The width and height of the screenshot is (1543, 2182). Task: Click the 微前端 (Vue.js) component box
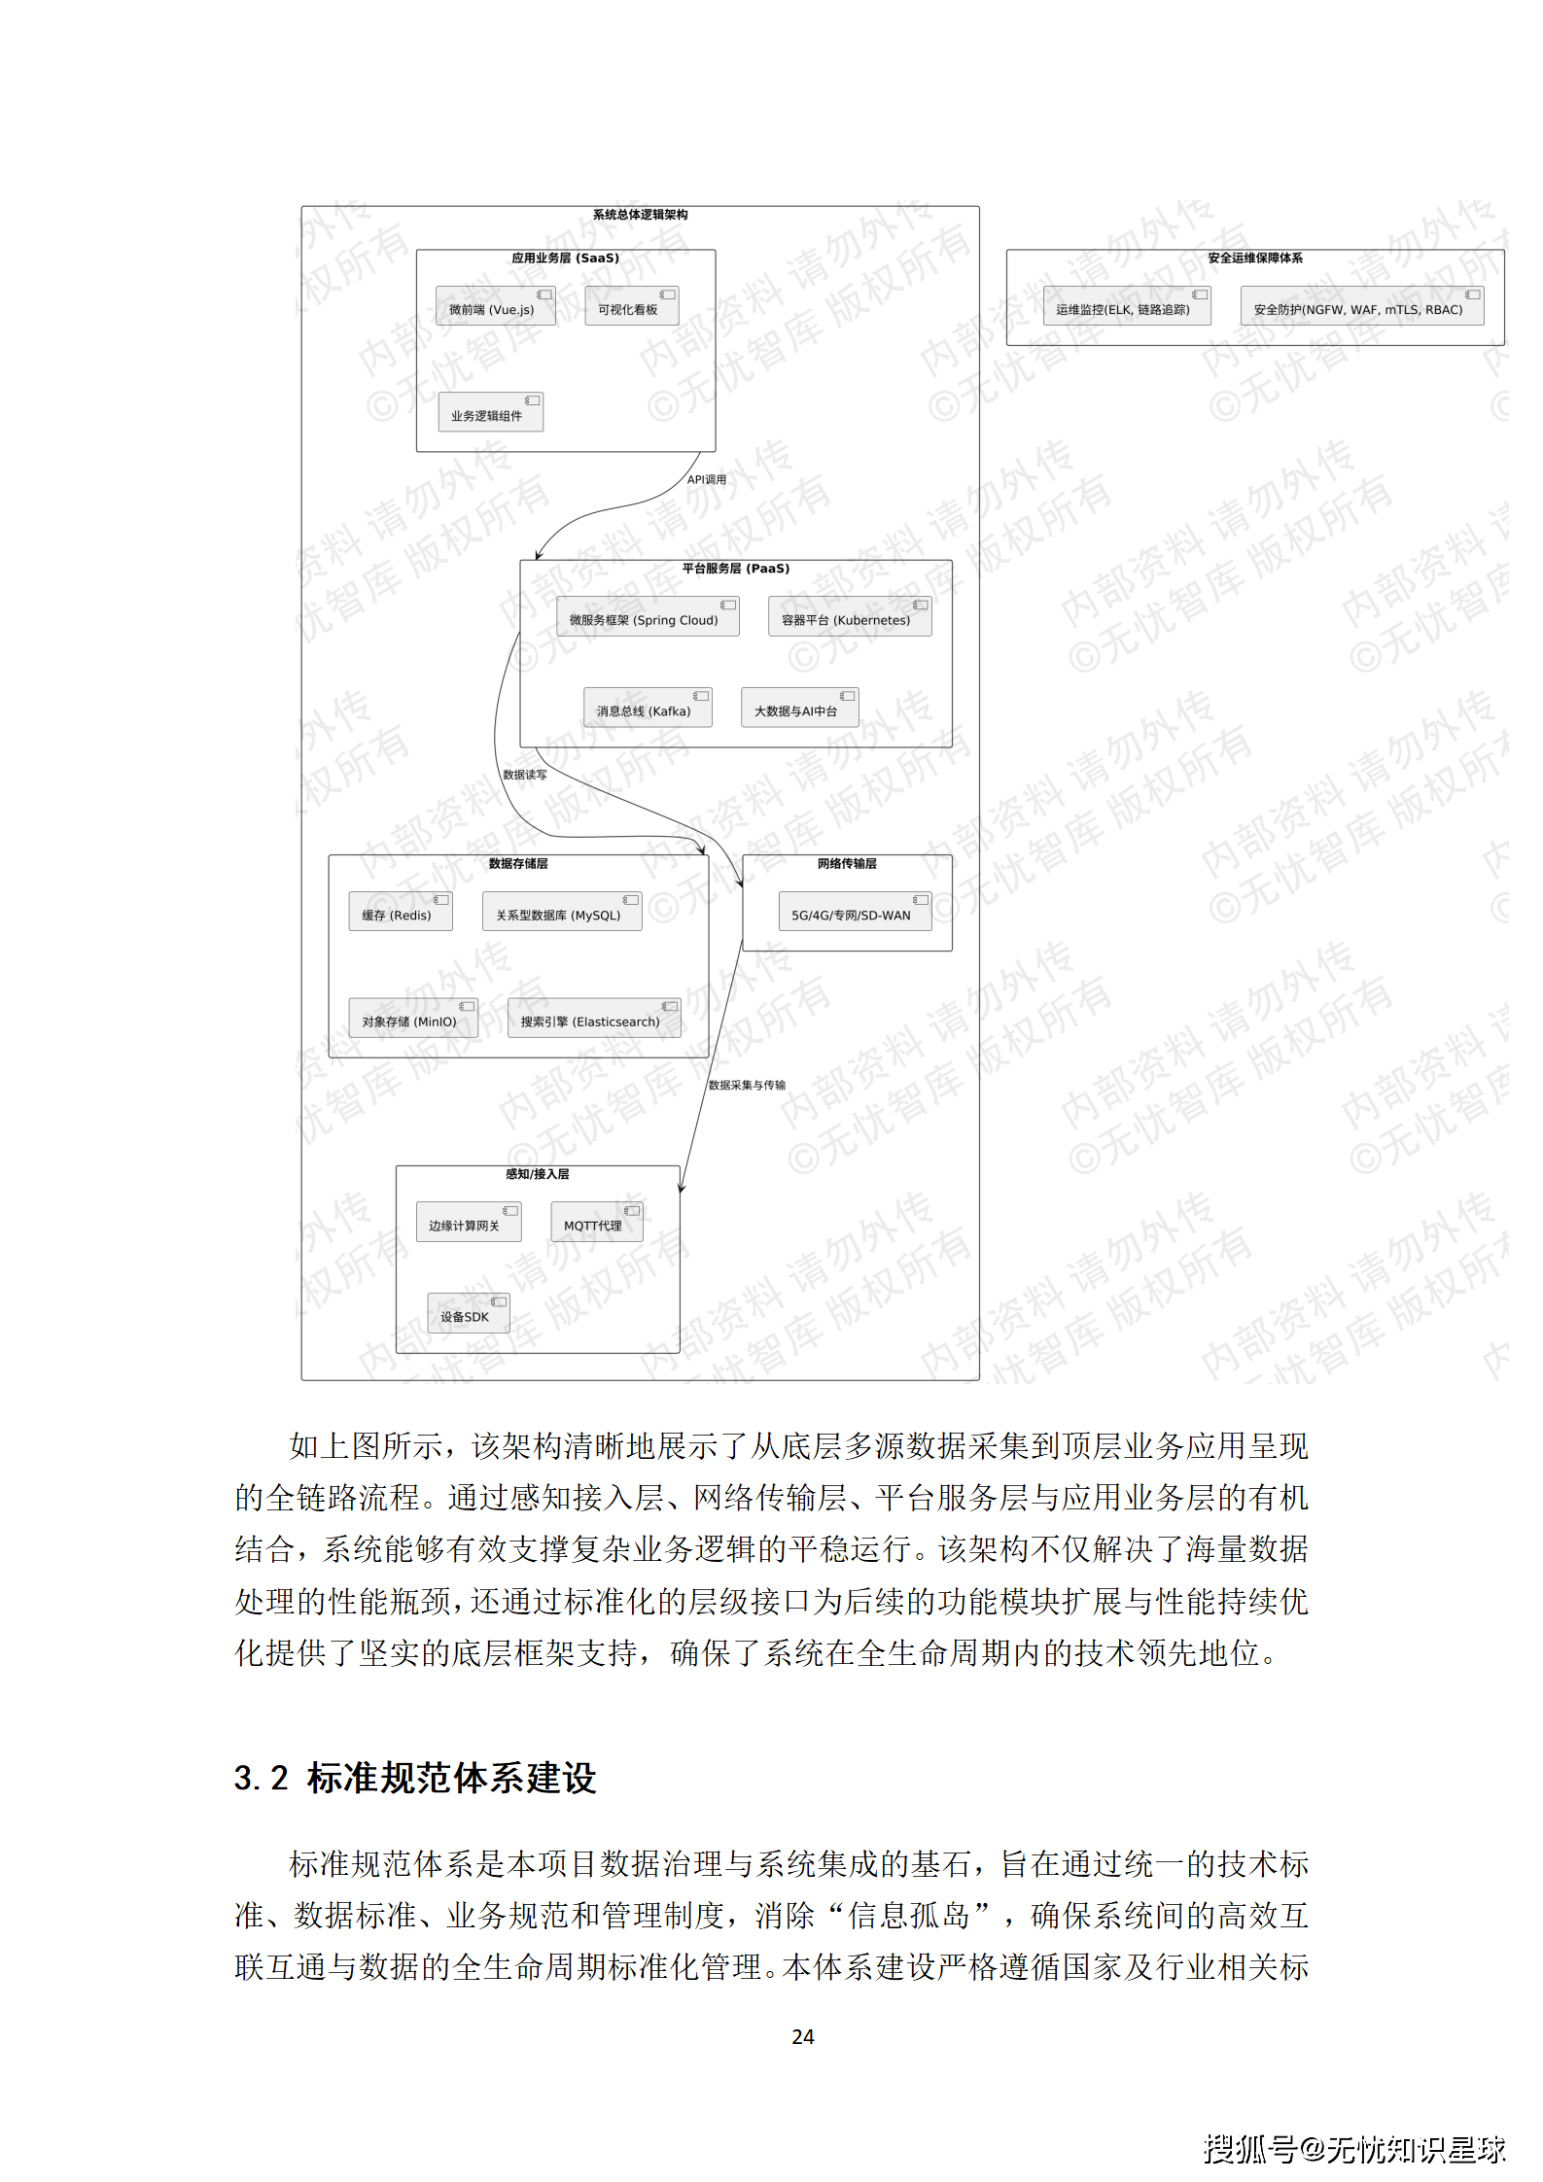coord(495,307)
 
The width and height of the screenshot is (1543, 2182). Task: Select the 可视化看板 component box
coord(631,307)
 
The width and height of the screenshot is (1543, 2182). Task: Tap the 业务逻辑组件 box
coord(490,413)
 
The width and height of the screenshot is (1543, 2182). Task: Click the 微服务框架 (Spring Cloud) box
coord(647,618)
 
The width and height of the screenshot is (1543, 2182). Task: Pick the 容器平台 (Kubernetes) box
coord(849,618)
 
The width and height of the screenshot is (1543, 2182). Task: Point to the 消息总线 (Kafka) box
coord(647,709)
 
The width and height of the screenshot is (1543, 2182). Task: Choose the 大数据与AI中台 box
coord(799,709)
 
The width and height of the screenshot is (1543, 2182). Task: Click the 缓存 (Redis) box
coord(400,913)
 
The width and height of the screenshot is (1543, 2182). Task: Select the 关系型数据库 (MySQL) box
coord(561,913)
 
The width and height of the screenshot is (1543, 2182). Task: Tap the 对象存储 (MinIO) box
coord(412,1020)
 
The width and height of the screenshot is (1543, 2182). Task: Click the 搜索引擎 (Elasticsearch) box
coord(593,1020)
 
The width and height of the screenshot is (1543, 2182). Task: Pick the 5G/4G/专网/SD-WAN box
coord(854,913)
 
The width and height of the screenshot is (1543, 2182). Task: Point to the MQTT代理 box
coord(596,1223)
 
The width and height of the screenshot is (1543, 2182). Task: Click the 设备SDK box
coord(468,1314)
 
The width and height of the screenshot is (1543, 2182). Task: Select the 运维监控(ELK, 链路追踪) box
coord(1126,307)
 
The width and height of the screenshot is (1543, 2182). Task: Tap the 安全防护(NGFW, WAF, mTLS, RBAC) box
coord(1361,307)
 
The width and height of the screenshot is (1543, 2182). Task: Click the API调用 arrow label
coord(707,480)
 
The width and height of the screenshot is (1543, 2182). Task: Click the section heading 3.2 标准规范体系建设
coord(415,1778)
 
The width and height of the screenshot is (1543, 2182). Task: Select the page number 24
coord(802,2036)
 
